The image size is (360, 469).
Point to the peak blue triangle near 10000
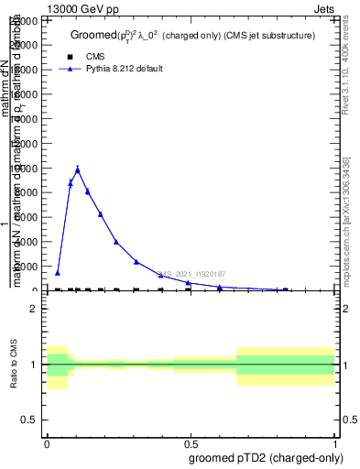(x=78, y=169)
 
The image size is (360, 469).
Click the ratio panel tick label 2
(x=33, y=310)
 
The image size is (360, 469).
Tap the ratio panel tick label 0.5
(x=30, y=420)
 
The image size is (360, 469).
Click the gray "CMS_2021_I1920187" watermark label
(x=192, y=274)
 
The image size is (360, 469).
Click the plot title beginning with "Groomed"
(x=192, y=36)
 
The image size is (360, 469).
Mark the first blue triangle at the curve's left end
(x=57, y=272)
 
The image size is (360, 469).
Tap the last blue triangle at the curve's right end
(x=285, y=289)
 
